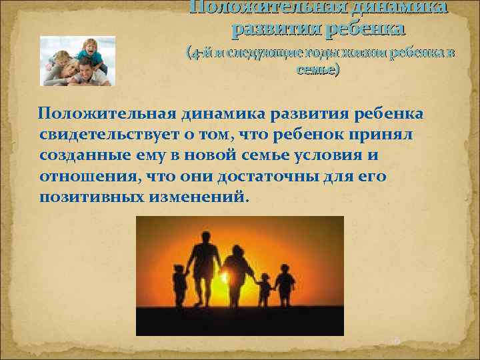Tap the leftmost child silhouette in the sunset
pyautogui.click(x=179, y=285)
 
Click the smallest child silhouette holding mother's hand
pyautogui.click(x=265, y=290)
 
